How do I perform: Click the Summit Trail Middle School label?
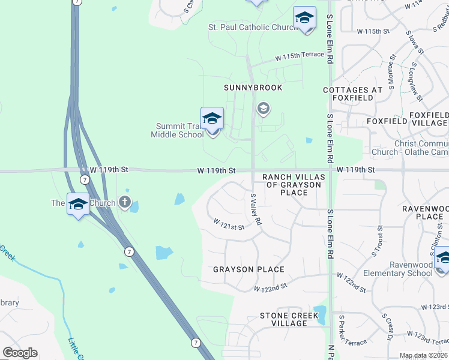pos(178,130)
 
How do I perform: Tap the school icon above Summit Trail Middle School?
pos(212,118)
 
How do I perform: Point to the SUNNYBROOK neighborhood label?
pos(253,88)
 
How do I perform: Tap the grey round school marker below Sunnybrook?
pos(262,109)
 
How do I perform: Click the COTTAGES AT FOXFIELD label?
pos(352,94)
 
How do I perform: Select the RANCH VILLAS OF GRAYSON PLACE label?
pos(294,184)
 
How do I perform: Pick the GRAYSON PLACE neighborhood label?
pos(249,269)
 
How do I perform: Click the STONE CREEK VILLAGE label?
pos(284,319)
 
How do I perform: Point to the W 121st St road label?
pos(229,224)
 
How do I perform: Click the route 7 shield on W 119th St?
pos(85,179)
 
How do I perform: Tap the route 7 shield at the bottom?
pos(195,343)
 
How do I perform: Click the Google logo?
pos(20,353)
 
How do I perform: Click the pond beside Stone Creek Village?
pos(319,314)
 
